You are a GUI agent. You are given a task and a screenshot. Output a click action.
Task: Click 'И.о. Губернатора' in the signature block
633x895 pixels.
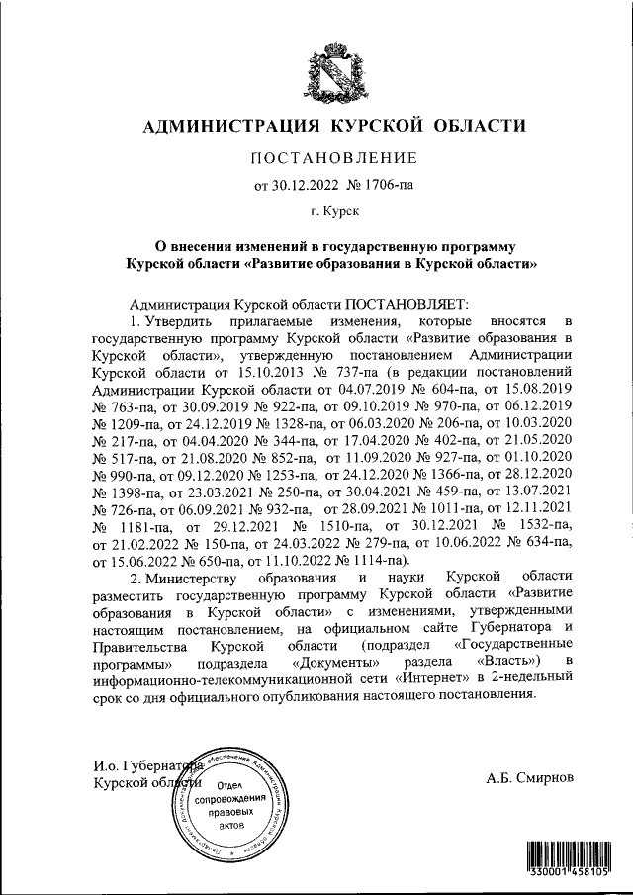click(146, 765)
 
